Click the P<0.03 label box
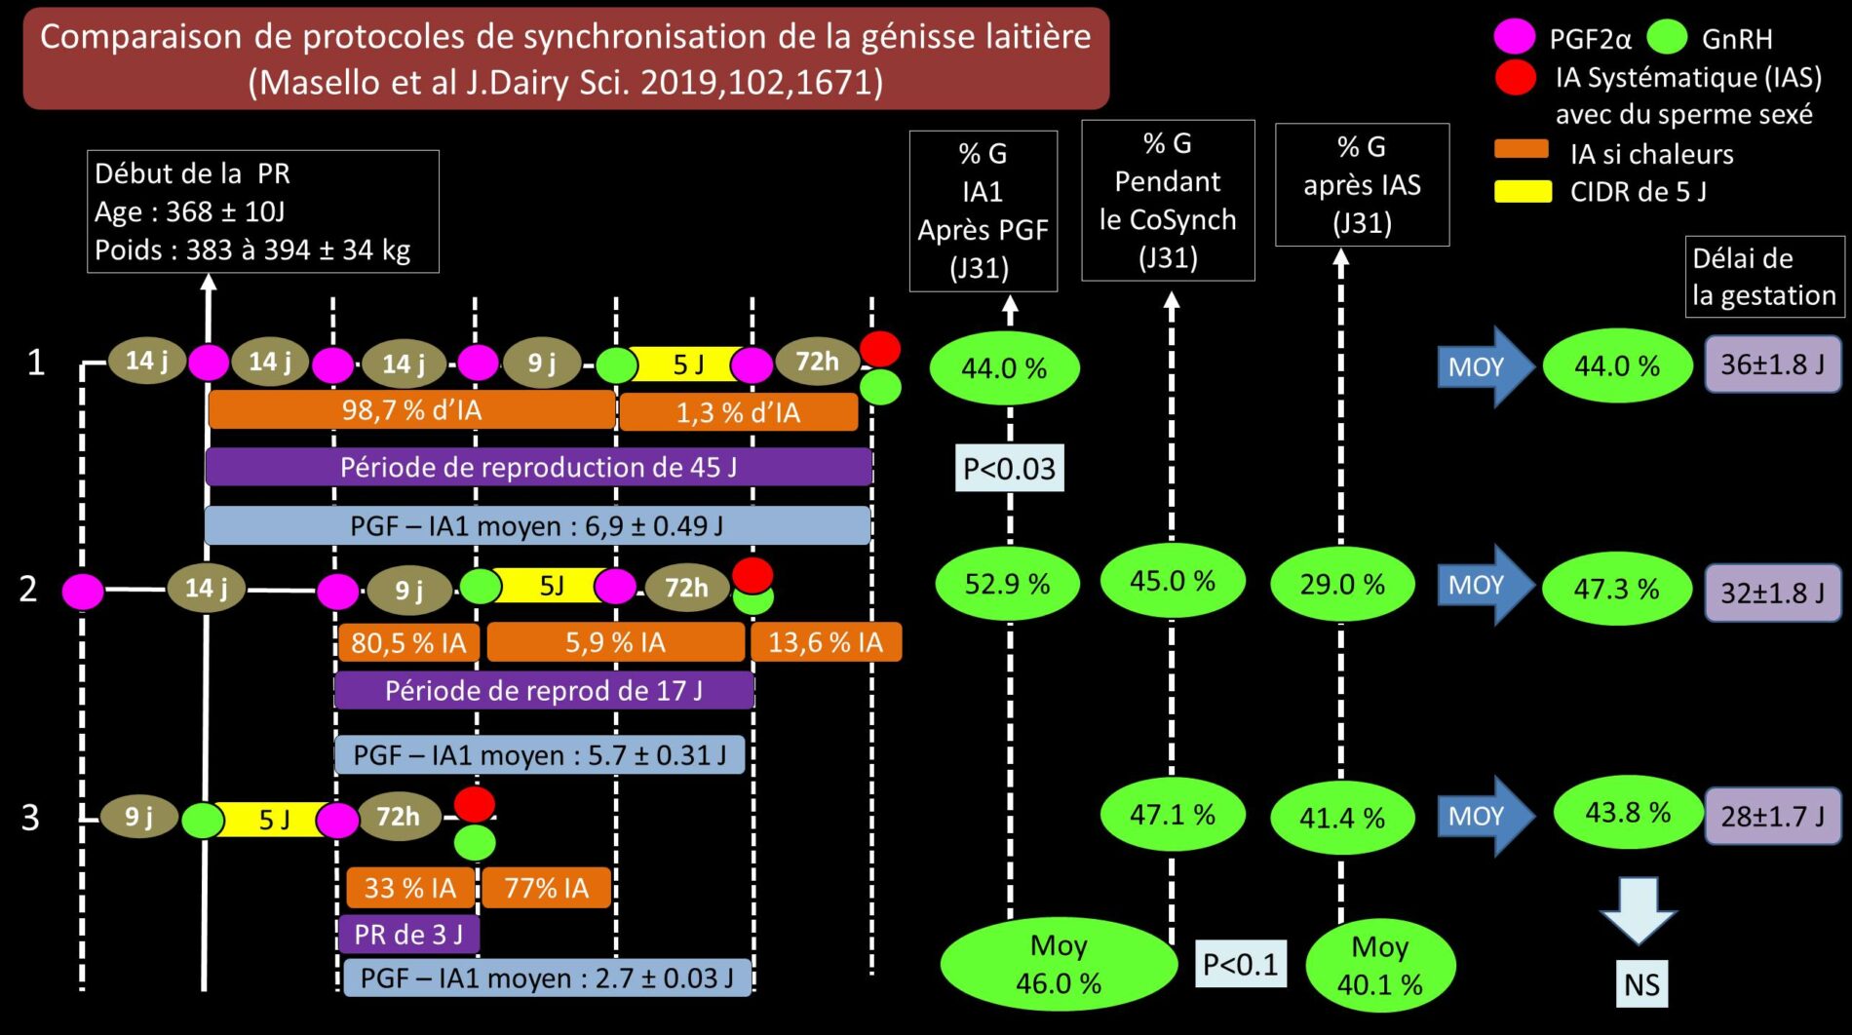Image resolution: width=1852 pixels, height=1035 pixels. (1009, 469)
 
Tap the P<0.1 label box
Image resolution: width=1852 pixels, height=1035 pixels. (1240, 964)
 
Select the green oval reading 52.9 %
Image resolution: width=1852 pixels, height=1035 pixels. (1007, 584)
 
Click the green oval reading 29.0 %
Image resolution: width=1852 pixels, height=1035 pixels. (1342, 585)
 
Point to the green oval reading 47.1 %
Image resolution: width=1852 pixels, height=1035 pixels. (1173, 815)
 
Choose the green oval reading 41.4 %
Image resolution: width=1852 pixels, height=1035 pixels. (1342, 818)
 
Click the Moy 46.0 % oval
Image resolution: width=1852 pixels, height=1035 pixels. (1059, 964)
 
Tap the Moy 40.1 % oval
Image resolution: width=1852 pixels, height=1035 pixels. (1380, 965)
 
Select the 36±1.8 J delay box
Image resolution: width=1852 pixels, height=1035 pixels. (1772, 364)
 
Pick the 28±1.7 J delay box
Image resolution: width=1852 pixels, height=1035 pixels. (1772, 816)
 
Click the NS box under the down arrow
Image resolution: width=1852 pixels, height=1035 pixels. (1641, 984)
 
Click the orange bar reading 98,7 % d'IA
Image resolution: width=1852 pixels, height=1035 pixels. (411, 410)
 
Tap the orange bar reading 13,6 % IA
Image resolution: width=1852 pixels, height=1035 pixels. (826, 642)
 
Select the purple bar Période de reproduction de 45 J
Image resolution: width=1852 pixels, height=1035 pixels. (538, 467)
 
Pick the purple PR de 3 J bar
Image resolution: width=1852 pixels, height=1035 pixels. (409, 935)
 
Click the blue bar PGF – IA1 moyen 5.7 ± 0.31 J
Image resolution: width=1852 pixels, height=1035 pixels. (539, 755)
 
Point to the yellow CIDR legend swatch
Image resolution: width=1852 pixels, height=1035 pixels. (1523, 191)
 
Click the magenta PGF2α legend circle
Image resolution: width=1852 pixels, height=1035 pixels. (1515, 38)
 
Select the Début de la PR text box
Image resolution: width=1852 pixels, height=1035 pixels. (263, 211)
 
